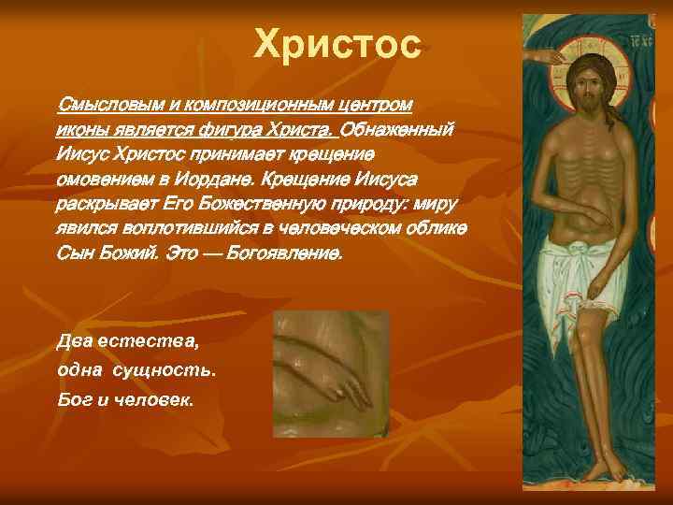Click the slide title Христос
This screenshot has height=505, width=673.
[337, 45]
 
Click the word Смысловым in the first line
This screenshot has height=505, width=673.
[102, 103]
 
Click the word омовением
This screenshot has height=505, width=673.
[104, 179]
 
